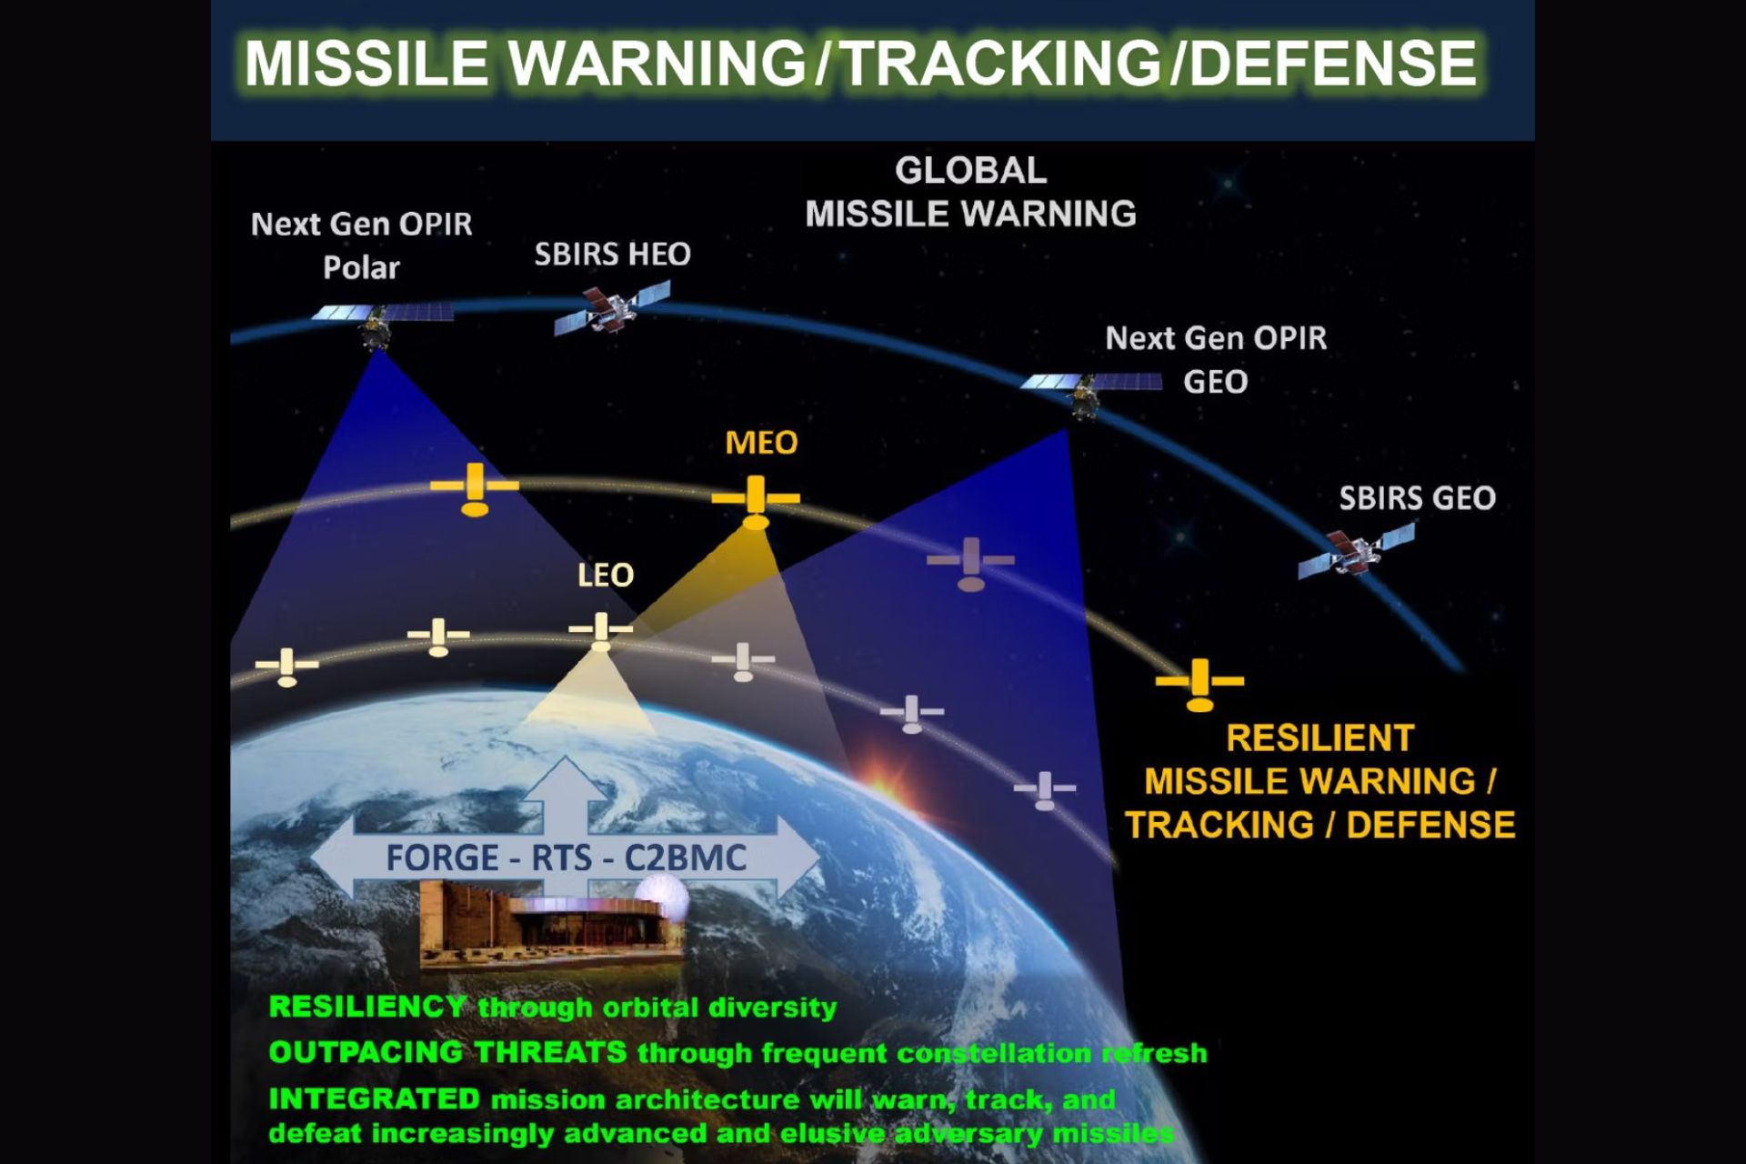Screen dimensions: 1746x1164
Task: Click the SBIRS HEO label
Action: [612, 254]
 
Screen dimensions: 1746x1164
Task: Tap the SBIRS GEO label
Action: [1417, 498]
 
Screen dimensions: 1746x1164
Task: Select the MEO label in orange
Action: [761, 443]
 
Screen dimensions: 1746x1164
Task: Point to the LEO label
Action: [606, 575]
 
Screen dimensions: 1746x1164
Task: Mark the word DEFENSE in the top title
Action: [1333, 63]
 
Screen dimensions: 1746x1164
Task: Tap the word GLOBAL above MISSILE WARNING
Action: [970, 170]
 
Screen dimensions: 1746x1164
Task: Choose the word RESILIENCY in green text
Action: [368, 1007]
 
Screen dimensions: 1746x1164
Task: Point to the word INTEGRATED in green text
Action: [374, 1099]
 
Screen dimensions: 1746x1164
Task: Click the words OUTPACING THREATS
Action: [447, 1052]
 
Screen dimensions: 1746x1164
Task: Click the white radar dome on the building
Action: [661, 901]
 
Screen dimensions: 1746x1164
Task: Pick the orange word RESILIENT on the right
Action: [1320, 738]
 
